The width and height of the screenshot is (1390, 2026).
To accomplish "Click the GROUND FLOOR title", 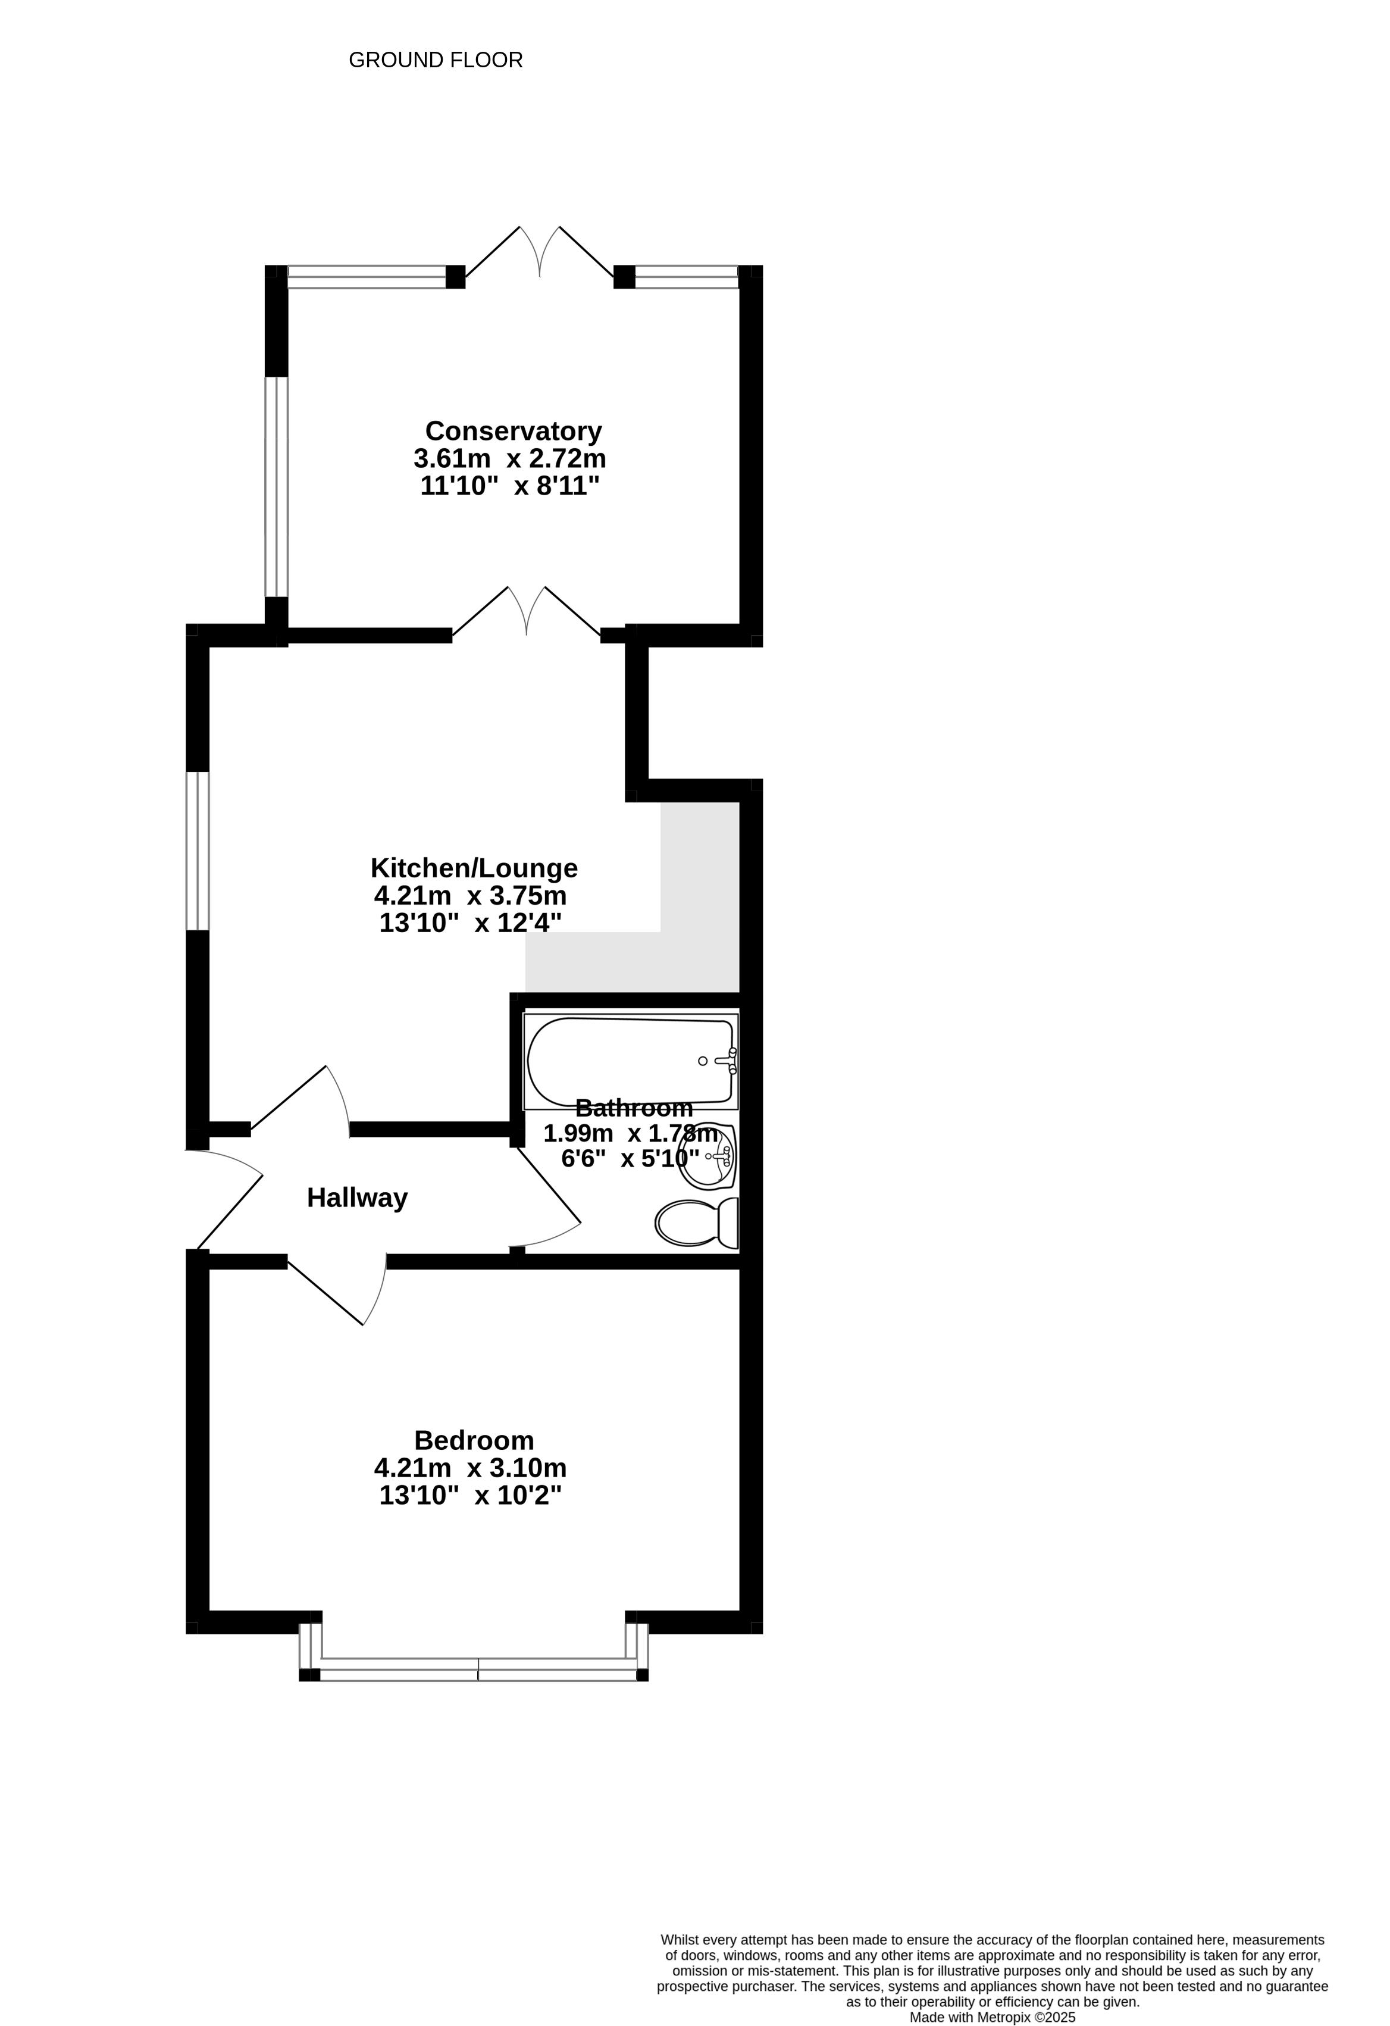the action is pyautogui.click(x=436, y=60).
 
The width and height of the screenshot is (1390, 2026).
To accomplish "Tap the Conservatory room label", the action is pyautogui.click(x=514, y=431).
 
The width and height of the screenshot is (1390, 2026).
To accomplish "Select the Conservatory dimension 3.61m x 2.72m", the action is pyautogui.click(x=510, y=458).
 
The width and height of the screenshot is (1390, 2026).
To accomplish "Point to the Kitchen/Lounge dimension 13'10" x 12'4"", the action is pyautogui.click(x=471, y=923).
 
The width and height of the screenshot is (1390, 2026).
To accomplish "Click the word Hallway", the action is pyautogui.click(x=357, y=1198).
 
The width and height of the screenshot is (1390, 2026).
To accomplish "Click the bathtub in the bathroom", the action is pyautogui.click(x=631, y=1061).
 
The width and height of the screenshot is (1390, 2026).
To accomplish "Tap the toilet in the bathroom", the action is pyautogui.click(x=697, y=1223).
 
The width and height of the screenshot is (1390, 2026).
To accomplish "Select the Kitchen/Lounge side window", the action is pyautogui.click(x=198, y=851).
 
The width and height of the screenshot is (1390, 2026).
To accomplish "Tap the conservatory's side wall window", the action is pyautogui.click(x=276, y=486).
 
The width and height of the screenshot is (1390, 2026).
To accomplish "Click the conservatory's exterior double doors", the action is pyautogui.click(x=540, y=254).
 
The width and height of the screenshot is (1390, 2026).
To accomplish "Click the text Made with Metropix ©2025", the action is pyautogui.click(x=993, y=2017).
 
